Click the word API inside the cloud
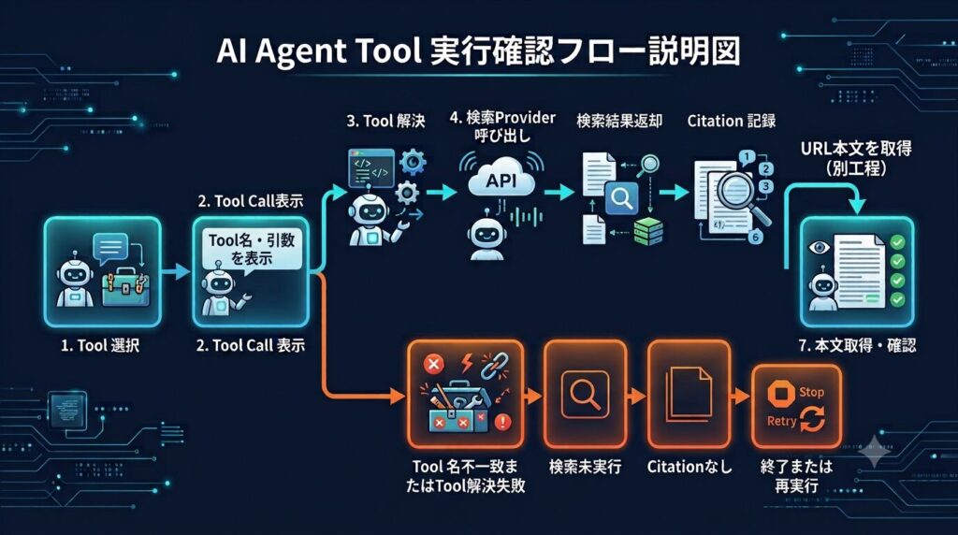[x=501, y=181]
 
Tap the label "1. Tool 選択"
[x=100, y=346]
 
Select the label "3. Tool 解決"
[x=385, y=121]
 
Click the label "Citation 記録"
[x=732, y=121]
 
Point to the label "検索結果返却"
[x=619, y=121]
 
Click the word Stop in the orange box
[x=811, y=392]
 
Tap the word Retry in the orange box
[x=782, y=421]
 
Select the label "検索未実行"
[x=586, y=468]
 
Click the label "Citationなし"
[x=689, y=468]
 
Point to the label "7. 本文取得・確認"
[x=857, y=346]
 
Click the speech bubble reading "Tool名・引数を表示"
[x=252, y=249]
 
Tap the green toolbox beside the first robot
[x=125, y=287]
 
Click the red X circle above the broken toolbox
[x=434, y=365]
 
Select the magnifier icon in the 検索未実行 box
[x=585, y=395]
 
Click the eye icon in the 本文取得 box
[x=820, y=247]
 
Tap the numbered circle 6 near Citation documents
[x=755, y=237]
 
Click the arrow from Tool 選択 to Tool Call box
[x=176, y=272]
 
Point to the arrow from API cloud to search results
[x=559, y=193]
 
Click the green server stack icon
[x=648, y=231]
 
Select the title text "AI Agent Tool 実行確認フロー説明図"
[x=478, y=51]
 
